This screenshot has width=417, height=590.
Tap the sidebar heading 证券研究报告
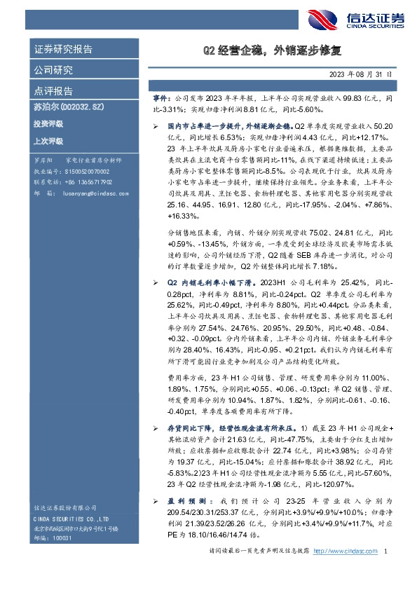coord(63,50)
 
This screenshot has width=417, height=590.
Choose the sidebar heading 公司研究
coord(53,70)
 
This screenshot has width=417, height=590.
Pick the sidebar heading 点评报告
coord(53,91)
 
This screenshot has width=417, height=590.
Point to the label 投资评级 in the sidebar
coord(48,124)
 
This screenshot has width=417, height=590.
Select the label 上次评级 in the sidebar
coord(48,141)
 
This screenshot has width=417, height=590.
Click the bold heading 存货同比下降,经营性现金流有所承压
coord(231,427)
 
